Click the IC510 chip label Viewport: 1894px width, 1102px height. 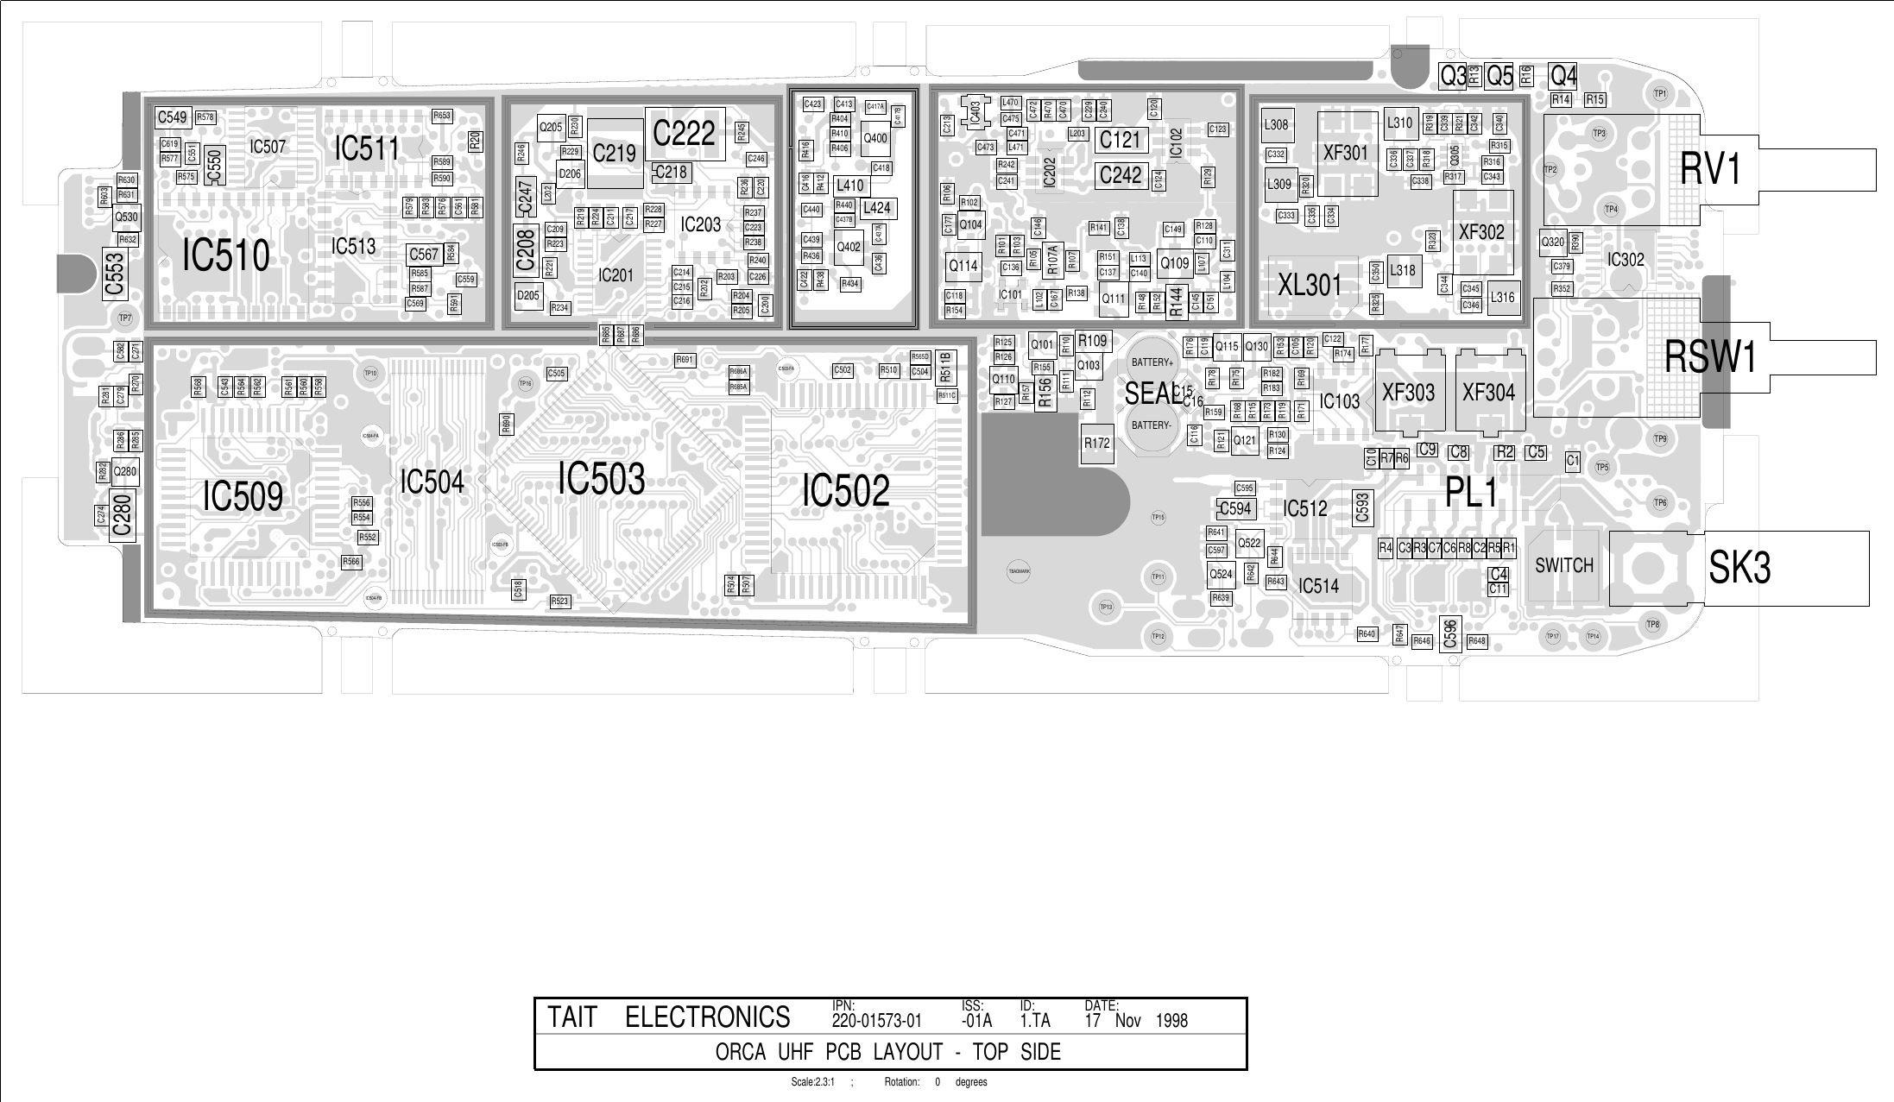coord(225,255)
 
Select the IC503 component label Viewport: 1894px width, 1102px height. coord(601,479)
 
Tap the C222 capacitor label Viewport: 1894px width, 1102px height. coord(684,134)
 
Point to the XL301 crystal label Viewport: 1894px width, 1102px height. coord(1310,285)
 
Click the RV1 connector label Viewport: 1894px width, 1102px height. coord(1712,168)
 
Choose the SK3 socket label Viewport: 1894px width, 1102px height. coord(1739,568)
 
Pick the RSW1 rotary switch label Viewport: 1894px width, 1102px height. coord(1710,357)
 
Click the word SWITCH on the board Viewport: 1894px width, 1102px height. coord(1564,566)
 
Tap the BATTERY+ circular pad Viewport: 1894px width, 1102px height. coord(1152,362)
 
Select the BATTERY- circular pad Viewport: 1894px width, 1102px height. coord(1152,425)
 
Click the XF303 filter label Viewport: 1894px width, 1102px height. coord(1408,393)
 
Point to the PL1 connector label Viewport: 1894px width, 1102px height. coord(1471,493)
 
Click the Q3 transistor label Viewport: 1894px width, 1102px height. coord(1453,77)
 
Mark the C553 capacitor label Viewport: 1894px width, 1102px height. coord(115,274)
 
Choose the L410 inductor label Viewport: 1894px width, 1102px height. coord(850,186)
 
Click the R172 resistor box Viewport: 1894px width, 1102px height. coord(1096,444)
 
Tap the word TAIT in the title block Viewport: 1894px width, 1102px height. coord(572,1018)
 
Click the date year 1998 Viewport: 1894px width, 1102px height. coord(1171,1021)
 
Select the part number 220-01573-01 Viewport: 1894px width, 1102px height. coord(876,1021)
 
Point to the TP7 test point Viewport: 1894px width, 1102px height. coord(125,318)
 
